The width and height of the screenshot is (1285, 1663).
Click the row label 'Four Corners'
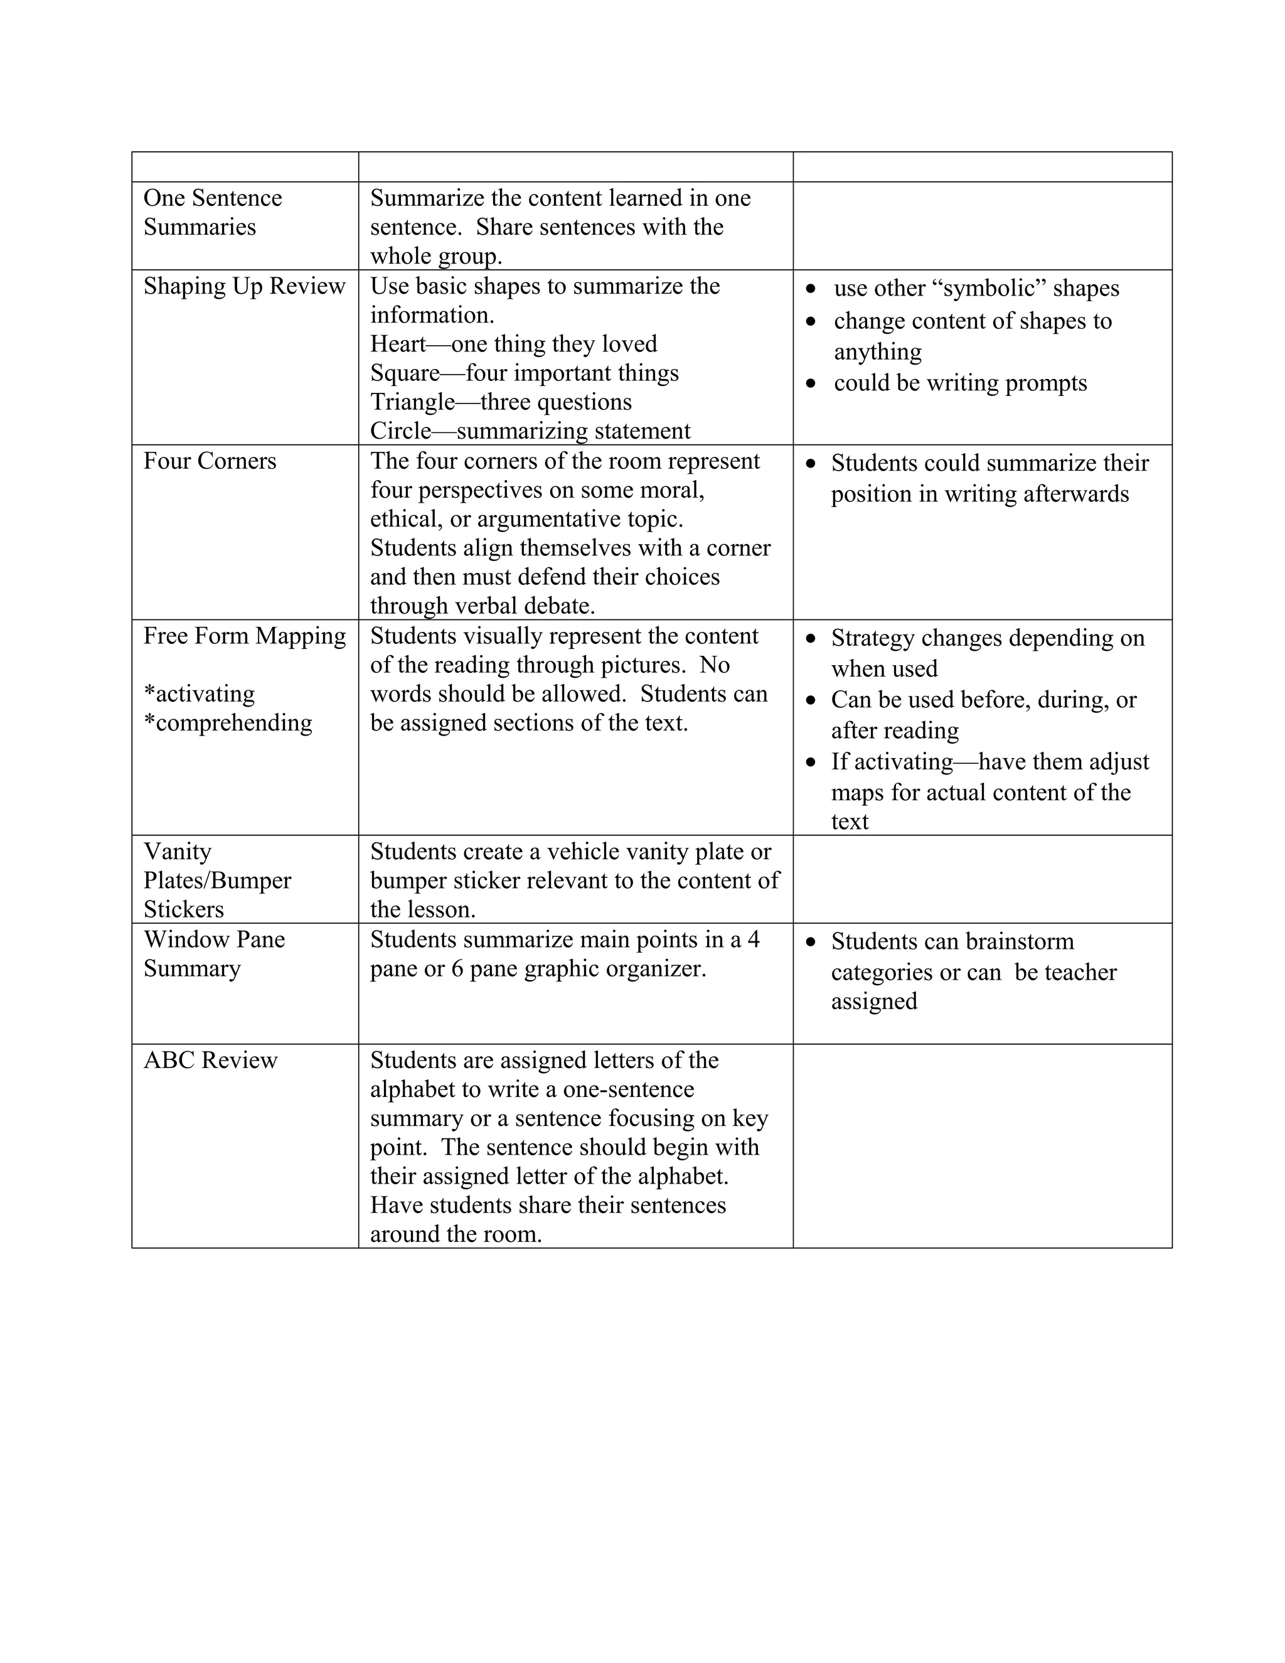point(210,461)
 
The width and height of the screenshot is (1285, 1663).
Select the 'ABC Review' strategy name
point(210,1061)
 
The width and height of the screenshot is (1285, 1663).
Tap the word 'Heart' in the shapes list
point(397,344)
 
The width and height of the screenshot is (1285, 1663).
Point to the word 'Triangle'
point(412,402)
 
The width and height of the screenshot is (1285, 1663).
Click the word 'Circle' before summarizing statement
point(400,431)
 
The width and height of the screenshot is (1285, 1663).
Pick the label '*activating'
point(199,693)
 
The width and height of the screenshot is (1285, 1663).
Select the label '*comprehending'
point(228,722)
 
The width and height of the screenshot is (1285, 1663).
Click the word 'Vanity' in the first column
point(178,852)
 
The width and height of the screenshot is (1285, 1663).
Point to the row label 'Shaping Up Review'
point(243,286)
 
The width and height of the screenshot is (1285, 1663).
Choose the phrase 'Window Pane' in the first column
point(214,939)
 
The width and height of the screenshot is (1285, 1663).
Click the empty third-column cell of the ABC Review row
point(982,1145)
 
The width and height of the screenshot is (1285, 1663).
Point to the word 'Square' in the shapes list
point(404,373)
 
